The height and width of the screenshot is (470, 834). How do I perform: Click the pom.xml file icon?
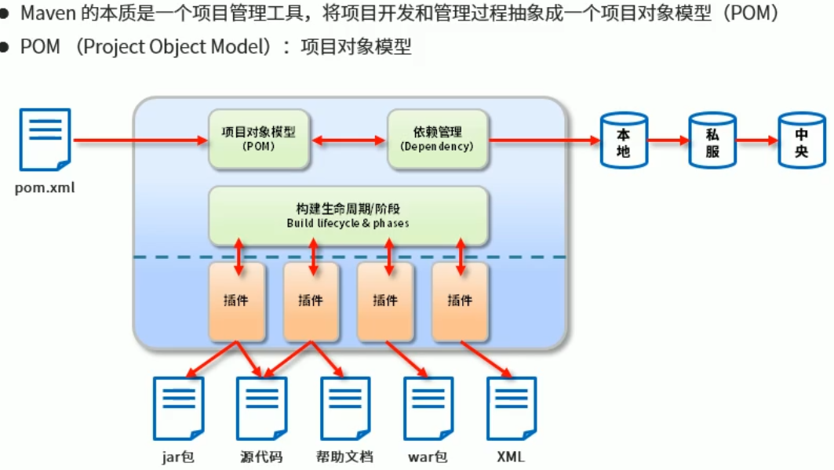coord(45,140)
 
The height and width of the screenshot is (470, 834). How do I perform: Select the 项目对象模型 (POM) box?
coord(260,139)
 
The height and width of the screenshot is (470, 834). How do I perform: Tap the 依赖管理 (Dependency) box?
coord(437,139)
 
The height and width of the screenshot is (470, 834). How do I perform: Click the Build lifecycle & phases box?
coord(348,216)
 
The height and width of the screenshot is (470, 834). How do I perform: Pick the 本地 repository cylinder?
coord(623,140)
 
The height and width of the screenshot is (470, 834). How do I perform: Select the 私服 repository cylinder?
coord(712,140)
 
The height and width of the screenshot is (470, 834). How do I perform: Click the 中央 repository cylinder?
coord(801,140)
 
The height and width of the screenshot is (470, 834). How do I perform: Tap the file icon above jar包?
coord(178,408)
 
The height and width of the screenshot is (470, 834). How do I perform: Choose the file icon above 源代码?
coord(261,408)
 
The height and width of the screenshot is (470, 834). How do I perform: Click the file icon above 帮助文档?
coord(344,408)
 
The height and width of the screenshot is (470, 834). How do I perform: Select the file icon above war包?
coord(428,408)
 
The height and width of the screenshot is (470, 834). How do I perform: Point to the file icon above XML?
coord(511,408)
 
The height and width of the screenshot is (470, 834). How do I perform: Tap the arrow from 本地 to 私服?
coord(668,140)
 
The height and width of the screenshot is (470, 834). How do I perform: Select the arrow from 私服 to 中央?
coord(756,140)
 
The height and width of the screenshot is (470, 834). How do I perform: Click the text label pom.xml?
coord(45,188)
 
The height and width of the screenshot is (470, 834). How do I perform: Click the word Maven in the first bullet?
coord(47,13)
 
